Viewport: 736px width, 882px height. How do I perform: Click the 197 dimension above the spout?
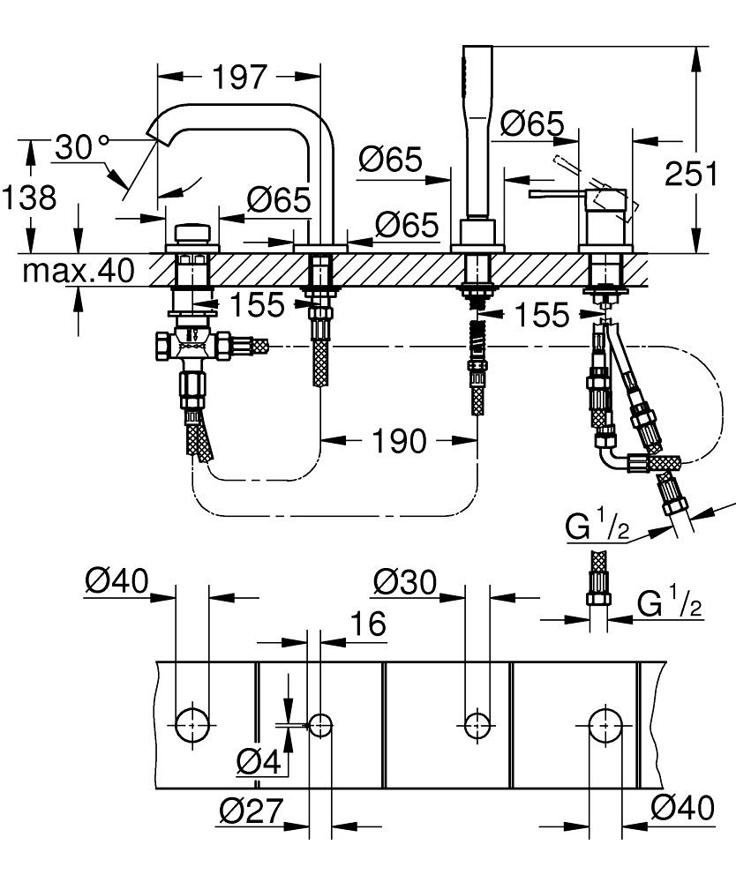click(x=238, y=78)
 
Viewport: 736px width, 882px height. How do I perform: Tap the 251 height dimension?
click(x=690, y=174)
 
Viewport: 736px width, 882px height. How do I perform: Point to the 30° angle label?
click(x=79, y=147)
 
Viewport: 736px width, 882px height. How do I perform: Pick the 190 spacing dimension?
click(x=400, y=440)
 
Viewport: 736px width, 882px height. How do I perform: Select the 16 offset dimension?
click(x=368, y=624)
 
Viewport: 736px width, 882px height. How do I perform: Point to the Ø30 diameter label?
click(x=404, y=582)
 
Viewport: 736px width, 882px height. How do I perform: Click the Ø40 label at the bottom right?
click(x=681, y=807)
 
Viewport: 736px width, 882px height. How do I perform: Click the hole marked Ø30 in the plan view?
click(x=477, y=724)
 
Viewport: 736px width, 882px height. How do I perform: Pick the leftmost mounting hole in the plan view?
click(x=192, y=724)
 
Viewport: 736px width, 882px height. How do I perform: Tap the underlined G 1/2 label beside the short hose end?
click(x=668, y=605)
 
